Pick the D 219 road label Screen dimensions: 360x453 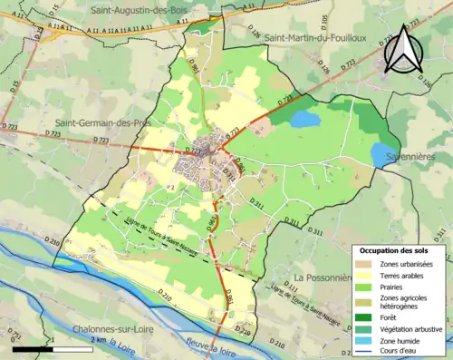pyautogui.click(x=242, y=333)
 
